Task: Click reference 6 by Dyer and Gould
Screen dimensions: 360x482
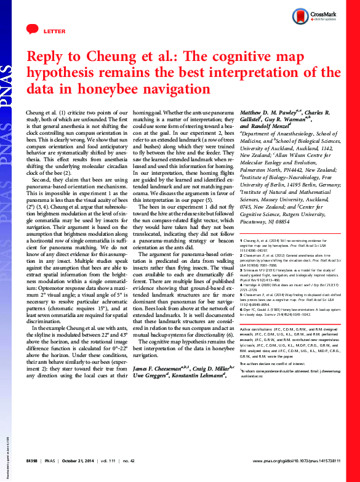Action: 289,346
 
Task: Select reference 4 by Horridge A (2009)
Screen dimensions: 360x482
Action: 289,307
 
